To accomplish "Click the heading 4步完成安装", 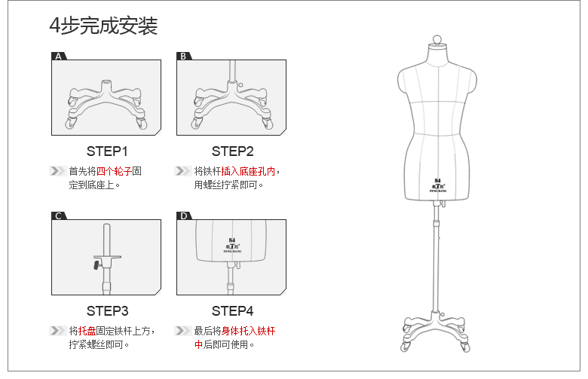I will [103, 26].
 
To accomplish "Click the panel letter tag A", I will [59, 57].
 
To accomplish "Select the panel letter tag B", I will [183, 57].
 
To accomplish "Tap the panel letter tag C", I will [59, 216].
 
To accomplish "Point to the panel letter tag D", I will [183, 216].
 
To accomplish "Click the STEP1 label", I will [107, 151].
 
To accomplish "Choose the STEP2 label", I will [232, 151].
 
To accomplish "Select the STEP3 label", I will [107, 310].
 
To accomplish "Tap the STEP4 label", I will [232, 310].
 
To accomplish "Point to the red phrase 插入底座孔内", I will [248, 171].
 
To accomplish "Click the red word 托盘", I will [87, 331].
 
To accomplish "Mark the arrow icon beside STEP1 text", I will [57, 171].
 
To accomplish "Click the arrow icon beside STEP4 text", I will [182, 331].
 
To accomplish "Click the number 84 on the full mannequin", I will [437, 181].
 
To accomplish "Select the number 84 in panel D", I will [231, 240].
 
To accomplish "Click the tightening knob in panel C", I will [96, 264].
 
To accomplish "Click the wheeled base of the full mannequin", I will [436, 332].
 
